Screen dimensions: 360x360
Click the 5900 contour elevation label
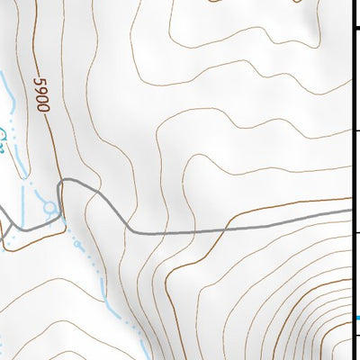41,93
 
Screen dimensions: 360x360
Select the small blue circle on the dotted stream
76,243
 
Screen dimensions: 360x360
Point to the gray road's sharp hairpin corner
62,182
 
